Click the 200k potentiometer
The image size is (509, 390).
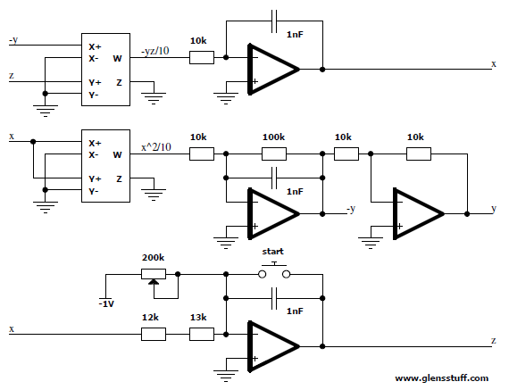[154, 275]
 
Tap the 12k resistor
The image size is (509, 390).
[154, 334]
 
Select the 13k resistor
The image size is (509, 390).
[202, 334]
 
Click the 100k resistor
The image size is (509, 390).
[274, 154]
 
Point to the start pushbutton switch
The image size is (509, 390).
[274, 272]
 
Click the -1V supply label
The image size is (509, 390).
[106, 304]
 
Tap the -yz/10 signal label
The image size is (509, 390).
[154, 51]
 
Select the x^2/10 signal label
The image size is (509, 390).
[155, 147]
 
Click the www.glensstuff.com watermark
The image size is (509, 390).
[441, 378]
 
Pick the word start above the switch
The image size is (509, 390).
[272, 252]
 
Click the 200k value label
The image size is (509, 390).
[153, 258]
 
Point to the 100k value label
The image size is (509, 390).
[273, 137]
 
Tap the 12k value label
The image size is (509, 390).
[150, 318]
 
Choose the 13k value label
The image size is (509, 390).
[198, 318]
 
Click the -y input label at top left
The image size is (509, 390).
[13, 40]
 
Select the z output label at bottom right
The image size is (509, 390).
[494, 340]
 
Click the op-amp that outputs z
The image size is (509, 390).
[272, 346]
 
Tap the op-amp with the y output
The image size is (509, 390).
[418, 214]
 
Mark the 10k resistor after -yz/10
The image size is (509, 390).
[202, 57]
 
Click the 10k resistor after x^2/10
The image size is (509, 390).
[202, 154]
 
